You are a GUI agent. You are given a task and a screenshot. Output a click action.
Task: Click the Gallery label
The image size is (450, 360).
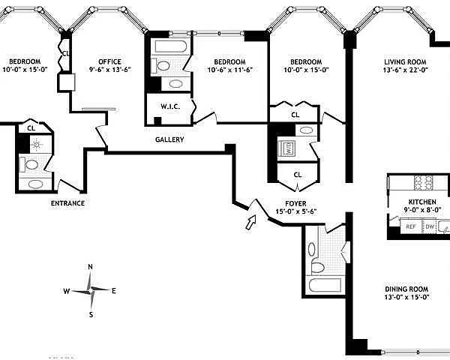point(169,139)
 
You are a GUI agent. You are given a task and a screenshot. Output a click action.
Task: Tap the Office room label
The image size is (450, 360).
point(110,61)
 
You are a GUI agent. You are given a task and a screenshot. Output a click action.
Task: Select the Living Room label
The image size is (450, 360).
point(405,61)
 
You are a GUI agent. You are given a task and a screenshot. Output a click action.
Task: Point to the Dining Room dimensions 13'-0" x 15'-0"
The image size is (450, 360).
point(406,297)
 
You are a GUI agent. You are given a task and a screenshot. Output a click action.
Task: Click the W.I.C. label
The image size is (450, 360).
point(170,106)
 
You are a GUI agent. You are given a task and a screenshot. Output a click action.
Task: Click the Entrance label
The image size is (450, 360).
point(67,203)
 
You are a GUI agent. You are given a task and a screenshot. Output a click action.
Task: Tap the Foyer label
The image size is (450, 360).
point(296,204)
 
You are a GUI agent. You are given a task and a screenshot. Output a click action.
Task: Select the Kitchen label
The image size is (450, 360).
point(422,202)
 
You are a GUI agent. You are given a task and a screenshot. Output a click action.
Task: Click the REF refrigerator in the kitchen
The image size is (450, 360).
point(411,226)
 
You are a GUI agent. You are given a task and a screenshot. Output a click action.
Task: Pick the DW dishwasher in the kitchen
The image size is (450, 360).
point(430,226)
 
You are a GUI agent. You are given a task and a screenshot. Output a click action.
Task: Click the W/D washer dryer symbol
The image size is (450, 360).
point(289,148)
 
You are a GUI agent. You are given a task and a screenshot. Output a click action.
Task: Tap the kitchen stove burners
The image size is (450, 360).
point(423,182)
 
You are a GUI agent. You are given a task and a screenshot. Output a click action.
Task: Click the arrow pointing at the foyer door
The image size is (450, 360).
point(250,223)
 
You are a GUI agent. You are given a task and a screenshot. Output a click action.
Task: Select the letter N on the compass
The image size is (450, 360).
point(91,267)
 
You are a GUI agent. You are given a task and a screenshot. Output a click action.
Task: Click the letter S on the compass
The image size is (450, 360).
point(91,315)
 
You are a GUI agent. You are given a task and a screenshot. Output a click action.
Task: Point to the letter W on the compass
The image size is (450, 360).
point(66,292)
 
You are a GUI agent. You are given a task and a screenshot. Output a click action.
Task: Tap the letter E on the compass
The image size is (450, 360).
point(114,291)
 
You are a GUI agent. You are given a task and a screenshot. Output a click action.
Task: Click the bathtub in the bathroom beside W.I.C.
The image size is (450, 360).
point(171,46)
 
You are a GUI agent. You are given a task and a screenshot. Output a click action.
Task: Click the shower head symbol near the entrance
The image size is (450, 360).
point(37,145)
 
